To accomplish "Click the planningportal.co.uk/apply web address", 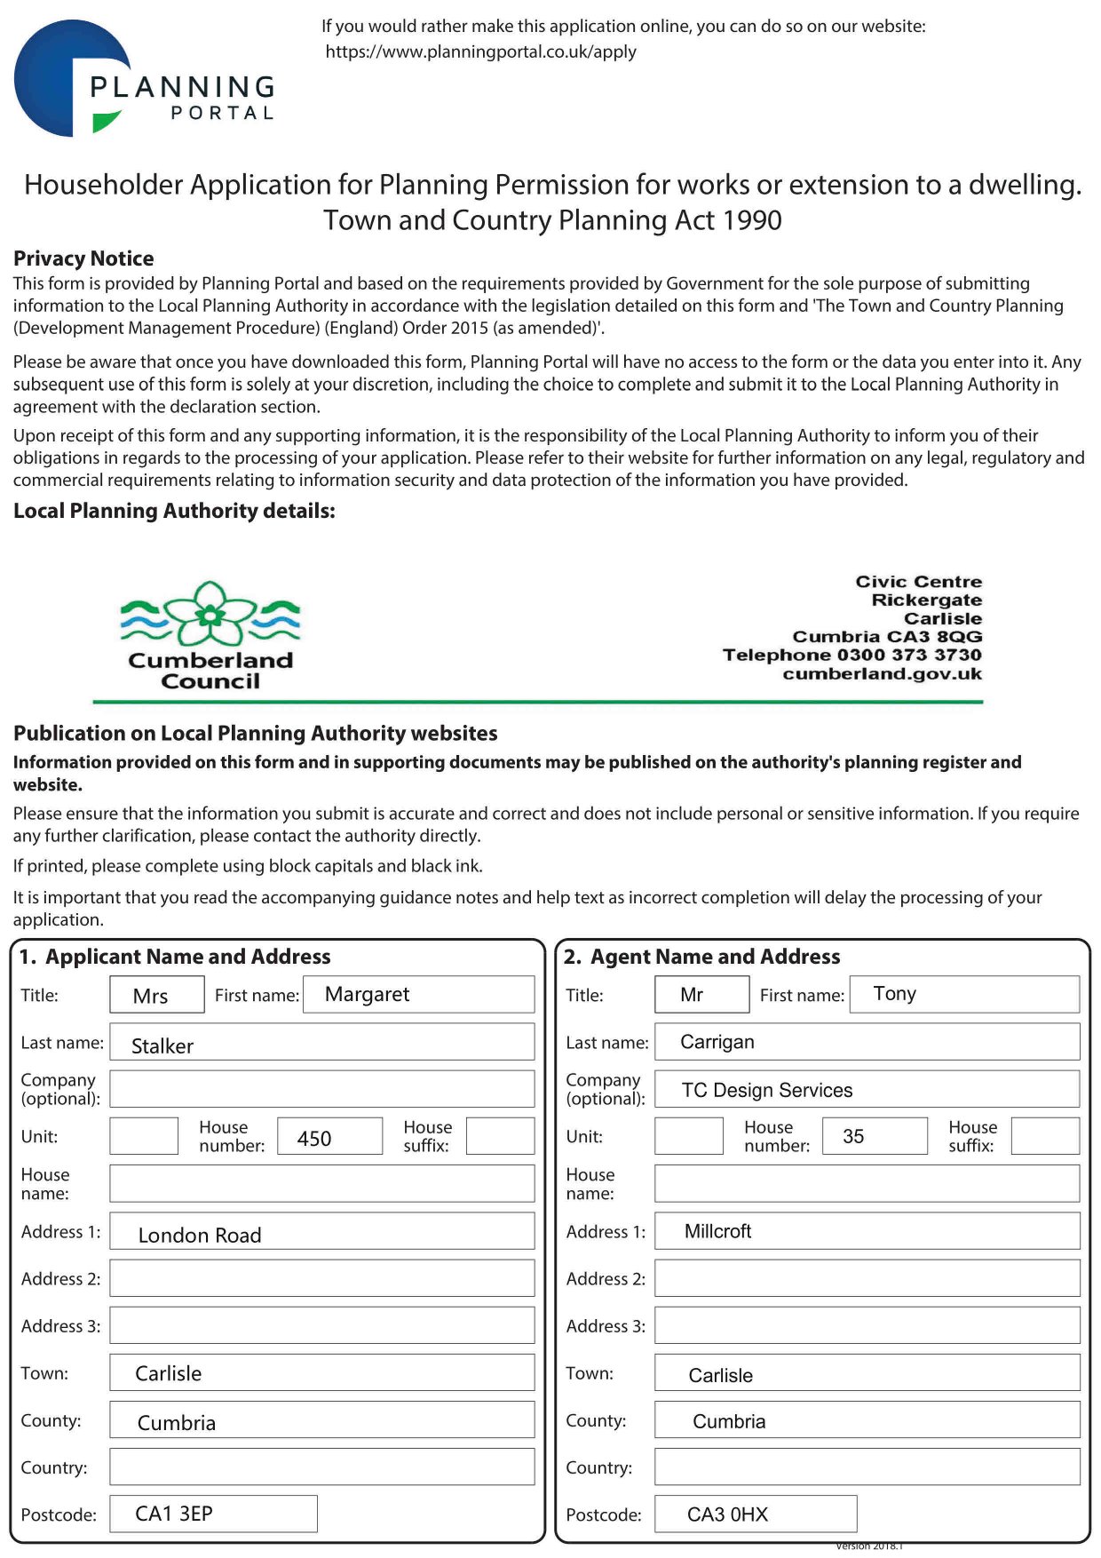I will click(x=480, y=52).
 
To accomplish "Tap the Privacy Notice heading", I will click(x=83, y=258).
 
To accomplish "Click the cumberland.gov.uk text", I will click(x=882, y=673).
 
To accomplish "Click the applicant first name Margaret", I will click(x=367, y=994).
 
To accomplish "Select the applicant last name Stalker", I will click(x=162, y=1045).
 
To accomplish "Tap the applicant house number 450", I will click(x=314, y=1138).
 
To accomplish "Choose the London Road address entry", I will click(x=200, y=1235).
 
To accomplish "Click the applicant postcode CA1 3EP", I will click(x=174, y=1514).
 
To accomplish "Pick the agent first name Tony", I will click(x=894, y=993).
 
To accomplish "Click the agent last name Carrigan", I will click(x=717, y=1042).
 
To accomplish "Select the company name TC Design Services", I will click(x=767, y=1090).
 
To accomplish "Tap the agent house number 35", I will click(x=853, y=1136).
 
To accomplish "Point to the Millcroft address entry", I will click(x=717, y=1231).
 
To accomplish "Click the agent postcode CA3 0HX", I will click(x=727, y=1514).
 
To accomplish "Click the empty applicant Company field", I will click(x=321, y=1089).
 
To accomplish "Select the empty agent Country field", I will click(x=867, y=1467).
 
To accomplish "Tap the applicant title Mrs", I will click(x=150, y=996).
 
